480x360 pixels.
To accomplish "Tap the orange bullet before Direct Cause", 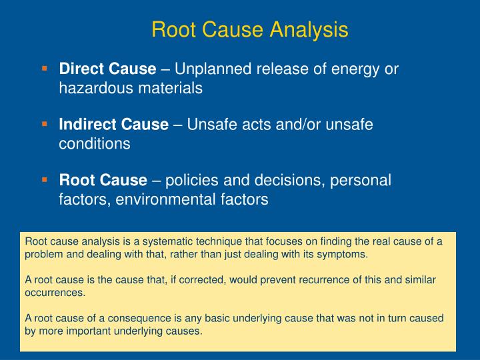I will [x=45, y=69].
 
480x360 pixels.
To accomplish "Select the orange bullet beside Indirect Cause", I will [x=45, y=124].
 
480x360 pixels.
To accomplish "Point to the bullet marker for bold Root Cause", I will [x=45, y=179].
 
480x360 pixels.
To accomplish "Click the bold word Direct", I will [x=79, y=69].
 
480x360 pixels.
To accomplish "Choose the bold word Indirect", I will [x=85, y=125].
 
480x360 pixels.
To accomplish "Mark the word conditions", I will [x=95, y=143].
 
